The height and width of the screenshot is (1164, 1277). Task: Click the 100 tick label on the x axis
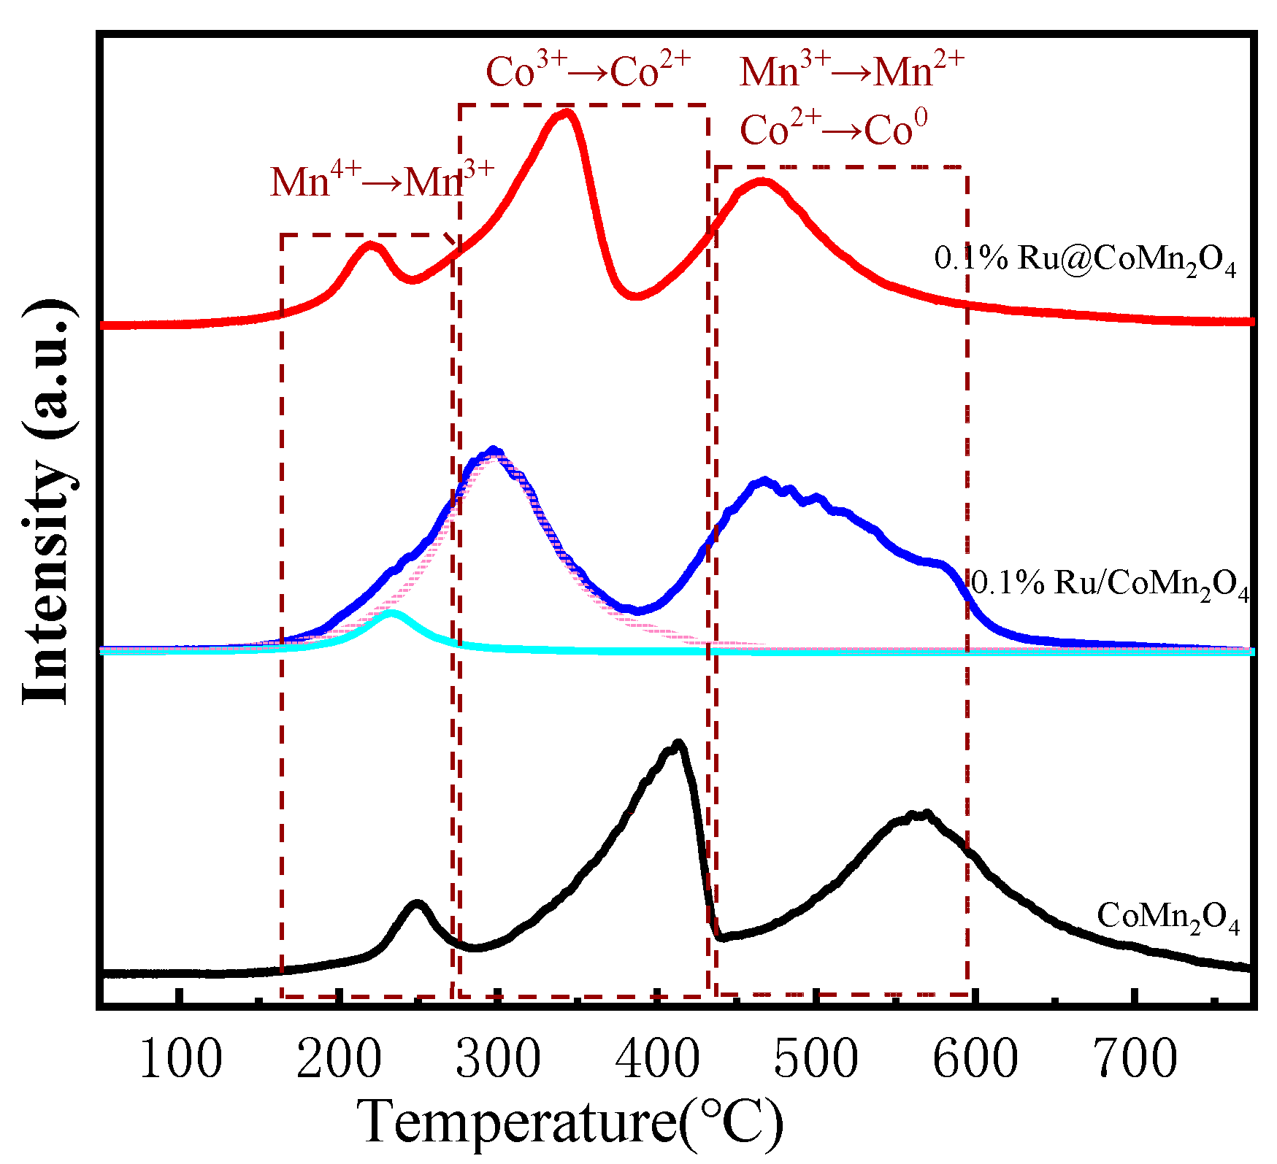click(180, 1059)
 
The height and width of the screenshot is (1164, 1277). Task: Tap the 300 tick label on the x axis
click(499, 1059)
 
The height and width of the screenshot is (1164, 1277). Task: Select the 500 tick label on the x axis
click(816, 1059)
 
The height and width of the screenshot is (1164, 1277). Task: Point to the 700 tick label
click(1135, 1059)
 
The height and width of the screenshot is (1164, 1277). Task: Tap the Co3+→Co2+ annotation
click(588, 70)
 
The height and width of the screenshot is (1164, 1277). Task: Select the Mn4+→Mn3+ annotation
click(382, 180)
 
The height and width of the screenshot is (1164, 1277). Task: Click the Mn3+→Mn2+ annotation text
click(851, 71)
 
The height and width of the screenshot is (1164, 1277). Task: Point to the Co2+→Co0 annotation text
click(833, 129)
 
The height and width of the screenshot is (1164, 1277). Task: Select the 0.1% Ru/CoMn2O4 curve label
click(1110, 585)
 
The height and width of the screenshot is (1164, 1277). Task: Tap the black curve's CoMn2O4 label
click(1168, 917)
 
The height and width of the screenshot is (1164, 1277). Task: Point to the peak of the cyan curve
click(391, 614)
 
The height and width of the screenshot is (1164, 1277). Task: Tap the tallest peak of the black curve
click(678, 744)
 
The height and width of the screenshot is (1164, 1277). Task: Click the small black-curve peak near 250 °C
click(417, 904)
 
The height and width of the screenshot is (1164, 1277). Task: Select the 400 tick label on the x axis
click(657, 1059)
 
